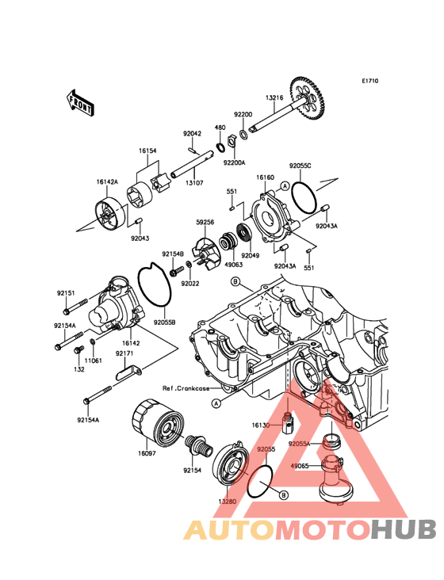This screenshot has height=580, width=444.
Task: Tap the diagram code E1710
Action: click(x=369, y=81)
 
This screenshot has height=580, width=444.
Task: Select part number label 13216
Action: click(x=274, y=98)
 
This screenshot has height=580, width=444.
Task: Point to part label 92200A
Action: click(x=234, y=162)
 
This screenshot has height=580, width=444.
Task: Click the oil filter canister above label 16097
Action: click(x=157, y=422)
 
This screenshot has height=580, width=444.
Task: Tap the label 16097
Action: click(x=147, y=453)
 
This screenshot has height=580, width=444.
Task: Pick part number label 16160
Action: click(x=266, y=177)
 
